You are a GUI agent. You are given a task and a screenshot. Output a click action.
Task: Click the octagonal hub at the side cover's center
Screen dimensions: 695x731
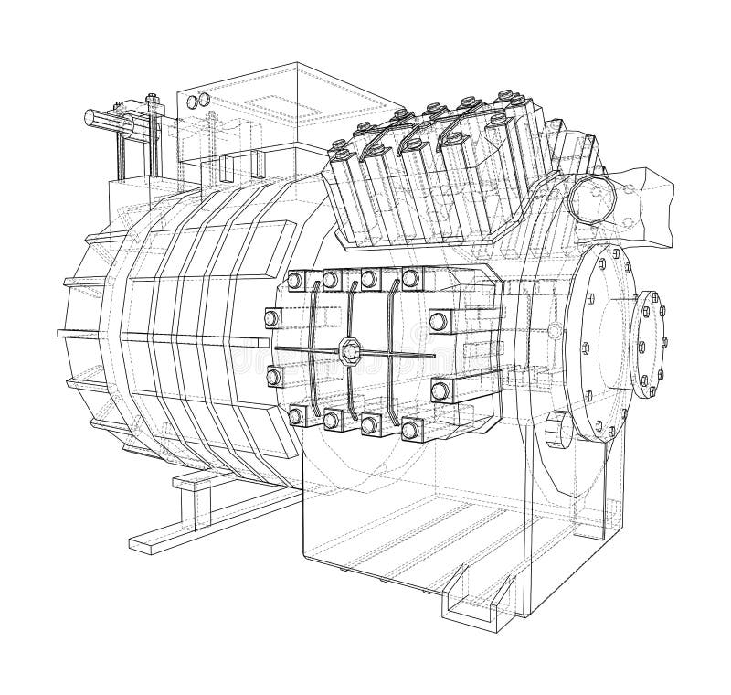click(349, 348)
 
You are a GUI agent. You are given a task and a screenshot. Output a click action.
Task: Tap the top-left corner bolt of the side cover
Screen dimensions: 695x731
click(294, 280)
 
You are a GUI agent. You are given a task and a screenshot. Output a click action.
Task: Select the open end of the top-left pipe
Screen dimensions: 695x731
click(90, 118)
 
